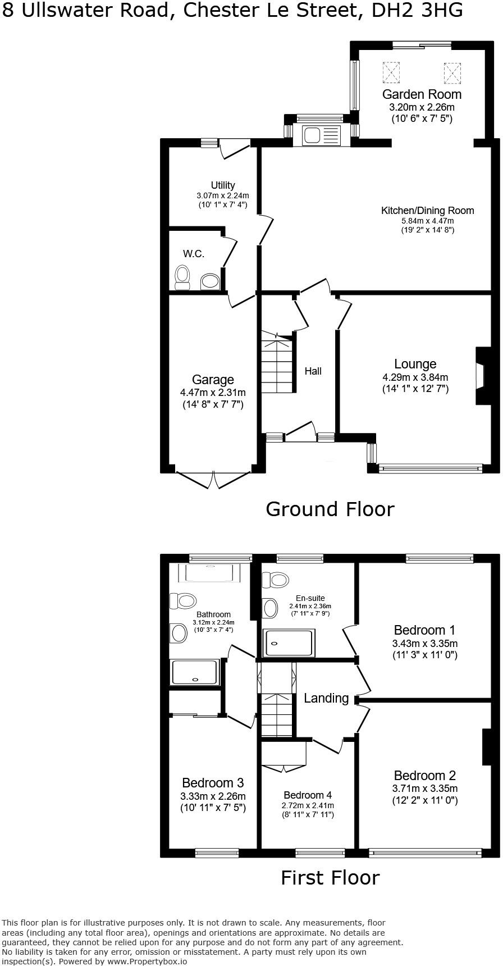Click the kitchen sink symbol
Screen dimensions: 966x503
click(321, 135)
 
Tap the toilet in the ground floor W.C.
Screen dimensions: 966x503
click(182, 276)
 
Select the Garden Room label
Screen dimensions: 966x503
click(422, 94)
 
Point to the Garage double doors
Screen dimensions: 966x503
click(213, 479)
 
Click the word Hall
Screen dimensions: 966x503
click(313, 371)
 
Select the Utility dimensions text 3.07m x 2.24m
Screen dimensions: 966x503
click(223, 195)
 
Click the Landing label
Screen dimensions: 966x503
click(326, 698)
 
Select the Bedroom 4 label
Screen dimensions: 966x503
click(308, 795)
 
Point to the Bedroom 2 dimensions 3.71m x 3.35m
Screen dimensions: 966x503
click(425, 789)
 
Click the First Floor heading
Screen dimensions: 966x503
click(330, 877)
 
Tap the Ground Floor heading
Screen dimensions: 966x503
click(330, 509)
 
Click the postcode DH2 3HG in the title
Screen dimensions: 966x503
click(418, 10)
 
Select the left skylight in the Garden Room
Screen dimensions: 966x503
click(391, 71)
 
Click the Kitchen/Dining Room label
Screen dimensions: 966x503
click(428, 211)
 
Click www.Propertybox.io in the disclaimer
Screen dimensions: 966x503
click(148, 961)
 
